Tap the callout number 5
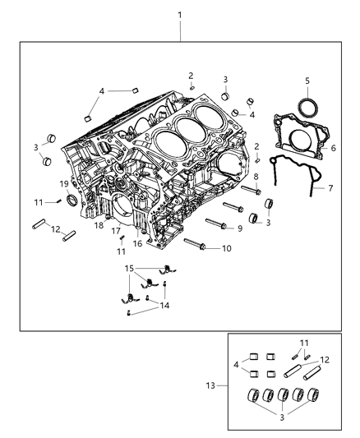coord(307,81)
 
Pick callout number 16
coord(138,243)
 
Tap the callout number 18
coord(97,224)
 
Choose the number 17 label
coord(117,231)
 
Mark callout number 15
coord(128,268)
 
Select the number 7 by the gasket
coord(330,189)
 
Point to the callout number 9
coord(240,228)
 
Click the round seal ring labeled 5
coord(307,107)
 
